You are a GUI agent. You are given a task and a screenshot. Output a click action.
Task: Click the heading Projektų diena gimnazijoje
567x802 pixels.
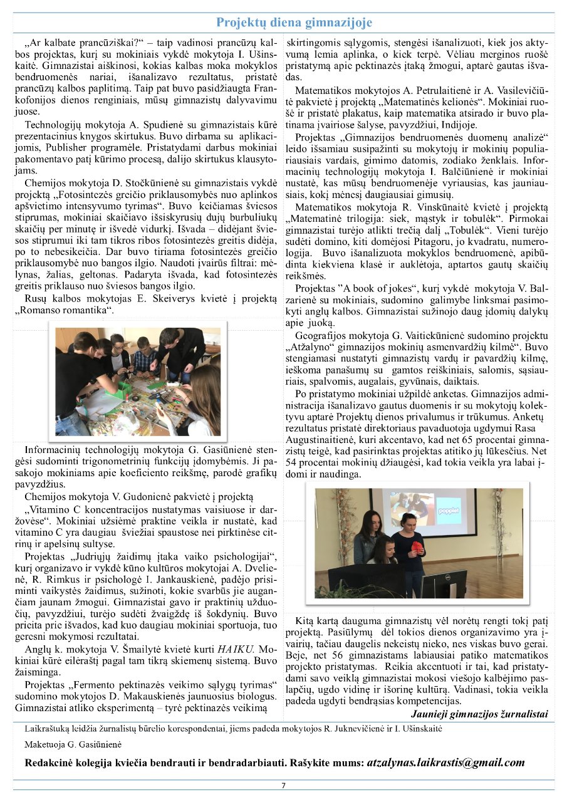click(x=294, y=23)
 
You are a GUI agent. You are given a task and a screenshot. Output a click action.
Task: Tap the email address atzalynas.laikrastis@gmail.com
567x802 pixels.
click(x=445, y=763)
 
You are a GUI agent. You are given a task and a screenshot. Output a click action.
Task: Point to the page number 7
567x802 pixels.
click(x=283, y=786)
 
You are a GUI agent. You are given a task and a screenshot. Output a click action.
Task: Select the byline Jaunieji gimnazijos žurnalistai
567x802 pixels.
click(x=479, y=714)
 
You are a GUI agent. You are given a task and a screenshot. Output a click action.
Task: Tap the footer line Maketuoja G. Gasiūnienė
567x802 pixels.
click(x=73, y=745)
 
